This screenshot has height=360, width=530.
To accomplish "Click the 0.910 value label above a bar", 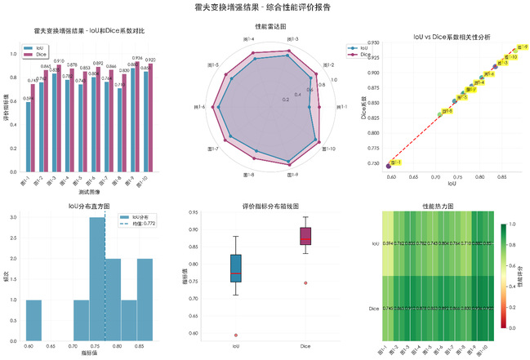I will [x=60, y=61].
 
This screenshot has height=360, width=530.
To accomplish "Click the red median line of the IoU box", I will [x=235, y=273].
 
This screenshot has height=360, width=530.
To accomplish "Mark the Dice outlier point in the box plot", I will [x=305, y=283].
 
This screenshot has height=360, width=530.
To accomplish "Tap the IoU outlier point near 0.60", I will [x=235, y=335].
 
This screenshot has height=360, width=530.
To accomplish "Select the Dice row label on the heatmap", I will [x=374, y=309].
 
